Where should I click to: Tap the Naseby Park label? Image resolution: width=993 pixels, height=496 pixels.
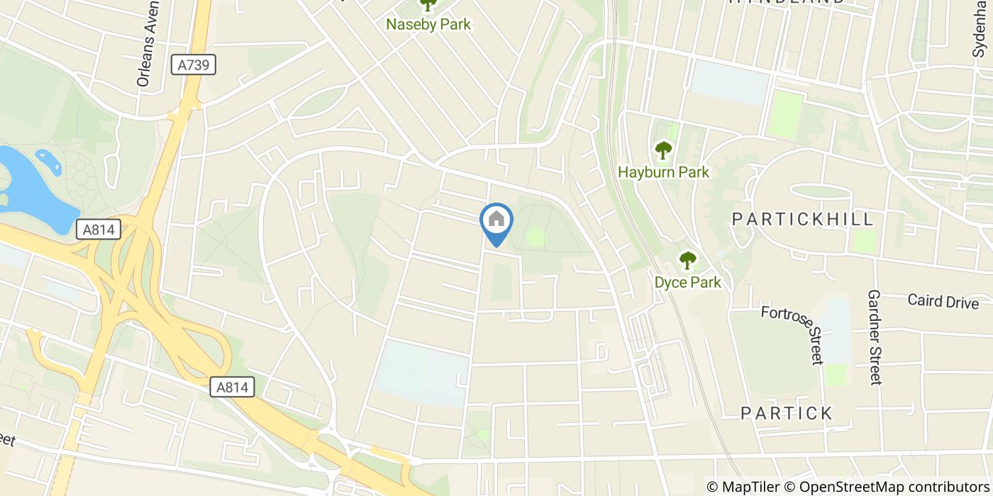pyautogui.click(x=428, y=24)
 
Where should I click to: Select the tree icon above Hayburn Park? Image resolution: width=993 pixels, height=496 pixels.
pyautogui.click(x=663, y=150)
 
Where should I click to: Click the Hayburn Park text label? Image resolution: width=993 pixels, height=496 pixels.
pyautogui.click(x=663, y=172)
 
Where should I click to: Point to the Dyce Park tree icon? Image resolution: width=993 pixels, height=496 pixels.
pyautogui.click(x=687, y=261)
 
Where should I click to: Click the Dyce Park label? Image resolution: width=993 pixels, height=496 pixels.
pyautogui.click(x=687, y=283)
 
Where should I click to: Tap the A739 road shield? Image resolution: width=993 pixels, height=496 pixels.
pyautogui.click(x=194, y=65)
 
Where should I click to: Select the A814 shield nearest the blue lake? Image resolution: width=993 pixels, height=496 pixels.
pyautogui.click(x=98, y=230)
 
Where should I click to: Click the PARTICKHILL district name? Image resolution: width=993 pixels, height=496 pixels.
pyautogui.click(x=803, y=219)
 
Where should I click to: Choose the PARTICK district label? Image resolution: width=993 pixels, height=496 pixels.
pyautogui.click(x=786, y=413)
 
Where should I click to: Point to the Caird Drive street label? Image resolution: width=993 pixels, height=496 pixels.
pyautogui.click(x=943, y=301)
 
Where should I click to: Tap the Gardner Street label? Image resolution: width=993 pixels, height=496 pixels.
pyautogui.click(x=875, y=337)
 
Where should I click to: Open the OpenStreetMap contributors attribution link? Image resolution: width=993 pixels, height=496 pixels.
pyautogui.click(x=893, y=487)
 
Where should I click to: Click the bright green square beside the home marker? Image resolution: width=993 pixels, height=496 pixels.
pyautogui.click(x=536, y=237)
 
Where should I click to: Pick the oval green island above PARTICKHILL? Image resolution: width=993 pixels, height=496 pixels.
pyautogui.click(x=819, y=191)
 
